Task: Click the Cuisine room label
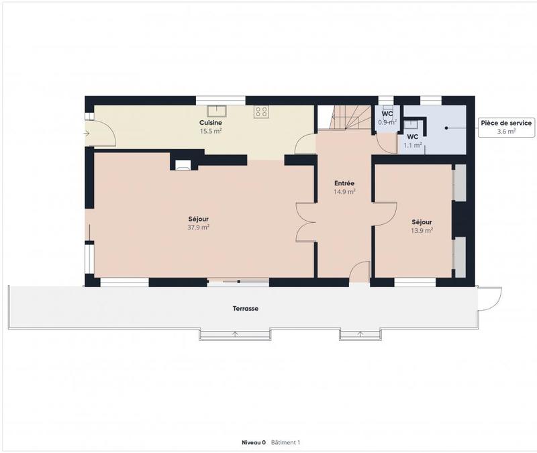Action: coord(210,123)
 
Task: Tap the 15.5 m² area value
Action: coord(210,132)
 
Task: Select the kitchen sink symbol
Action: coord(217,111)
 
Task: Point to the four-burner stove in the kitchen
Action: coord(261,112)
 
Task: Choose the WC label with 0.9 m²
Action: coord(387,113)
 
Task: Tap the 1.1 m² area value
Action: coord(412,145)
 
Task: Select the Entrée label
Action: coord(344,183)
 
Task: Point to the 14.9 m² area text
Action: coord(344,191)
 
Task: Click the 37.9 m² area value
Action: coord(198,228)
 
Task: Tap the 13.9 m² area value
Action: coord(422,230)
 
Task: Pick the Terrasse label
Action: coord(247,309)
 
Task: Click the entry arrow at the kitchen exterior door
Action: coord(87,134)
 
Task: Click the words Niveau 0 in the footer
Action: coord(254,443)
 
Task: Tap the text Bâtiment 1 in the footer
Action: coord(285,443)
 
